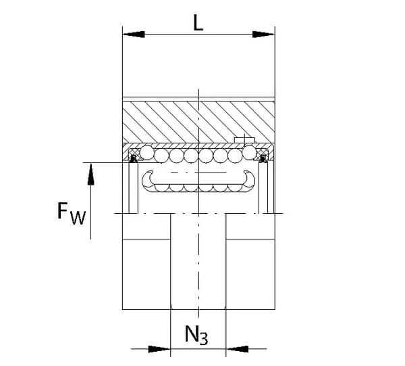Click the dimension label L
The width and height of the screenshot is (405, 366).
(x=198, y=23)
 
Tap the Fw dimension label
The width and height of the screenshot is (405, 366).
(x=72, y=214)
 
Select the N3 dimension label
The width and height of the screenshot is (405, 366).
(x=196, y=335)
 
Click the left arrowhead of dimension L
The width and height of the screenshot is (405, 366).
(x=134, y=35)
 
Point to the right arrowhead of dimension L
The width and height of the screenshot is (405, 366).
(x=263, y=35)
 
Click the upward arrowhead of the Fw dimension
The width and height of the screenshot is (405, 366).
(x=90, y=174)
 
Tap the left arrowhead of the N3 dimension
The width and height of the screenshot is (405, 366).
(x=159, y=349)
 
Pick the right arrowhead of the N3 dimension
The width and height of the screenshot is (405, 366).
(x=237, y=349)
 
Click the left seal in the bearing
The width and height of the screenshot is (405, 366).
(x=134, y=158)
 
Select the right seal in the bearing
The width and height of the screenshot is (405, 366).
(x=263, y=158)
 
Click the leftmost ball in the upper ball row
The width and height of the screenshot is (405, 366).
(x=147, y=152)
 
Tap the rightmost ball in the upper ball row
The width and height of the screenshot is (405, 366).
(x=250, y=152)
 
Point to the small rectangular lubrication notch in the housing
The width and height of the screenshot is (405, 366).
(x=244, y=140)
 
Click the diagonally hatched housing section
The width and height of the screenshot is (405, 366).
(x=198, y=122)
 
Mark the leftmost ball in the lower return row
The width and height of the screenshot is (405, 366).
(x=162, y=187)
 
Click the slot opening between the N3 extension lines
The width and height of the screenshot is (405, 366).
(x=198, y=261)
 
